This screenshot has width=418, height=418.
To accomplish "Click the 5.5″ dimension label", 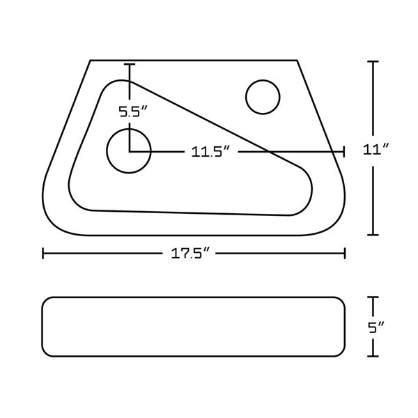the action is [133, 111].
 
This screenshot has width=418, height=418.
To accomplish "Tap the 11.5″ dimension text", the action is [210, 152].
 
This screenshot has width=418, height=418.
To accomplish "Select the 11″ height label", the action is [376, 150].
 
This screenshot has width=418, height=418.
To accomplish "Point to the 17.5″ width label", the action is [189, 254].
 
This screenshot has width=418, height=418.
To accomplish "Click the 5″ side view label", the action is [376, 327].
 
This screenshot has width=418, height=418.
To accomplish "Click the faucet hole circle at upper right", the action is [263, 80].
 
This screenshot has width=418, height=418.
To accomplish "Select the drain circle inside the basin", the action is [129, 129].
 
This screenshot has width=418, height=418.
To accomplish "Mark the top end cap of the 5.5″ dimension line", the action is [130, 64].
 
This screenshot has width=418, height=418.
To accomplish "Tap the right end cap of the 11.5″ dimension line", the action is [344, 152].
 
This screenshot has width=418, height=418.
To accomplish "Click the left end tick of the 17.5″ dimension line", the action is [43, 254].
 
